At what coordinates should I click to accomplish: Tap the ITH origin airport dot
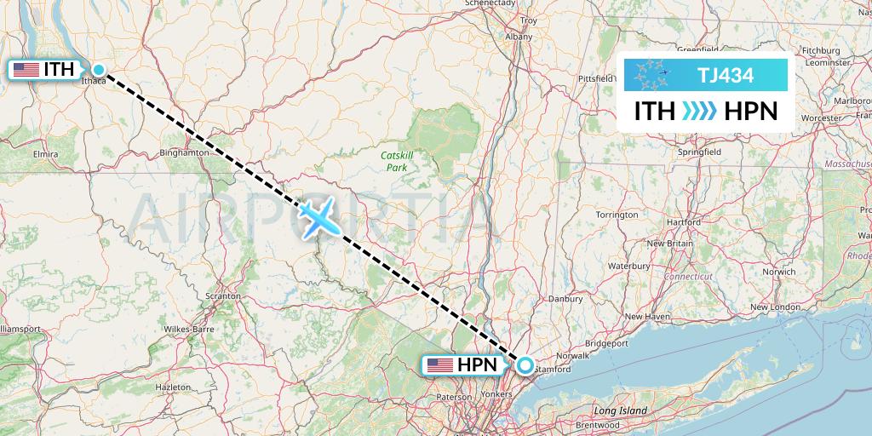[99, 70]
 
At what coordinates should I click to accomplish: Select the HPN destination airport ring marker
[525, 365]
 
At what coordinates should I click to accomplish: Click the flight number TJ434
[725, 75]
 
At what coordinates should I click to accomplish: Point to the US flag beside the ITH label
[26, 70]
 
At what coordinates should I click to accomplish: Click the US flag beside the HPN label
[439, 365]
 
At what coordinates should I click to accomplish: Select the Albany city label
[518, 37]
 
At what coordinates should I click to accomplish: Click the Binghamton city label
[184, 153]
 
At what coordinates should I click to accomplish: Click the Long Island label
[621, 410]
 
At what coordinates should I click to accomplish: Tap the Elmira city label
[43, 153]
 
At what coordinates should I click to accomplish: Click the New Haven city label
[647, 316]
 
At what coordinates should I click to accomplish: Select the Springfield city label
[698, 152]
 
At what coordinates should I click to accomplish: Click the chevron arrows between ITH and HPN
[700, 112]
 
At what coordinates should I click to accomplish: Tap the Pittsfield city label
[595, 78]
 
